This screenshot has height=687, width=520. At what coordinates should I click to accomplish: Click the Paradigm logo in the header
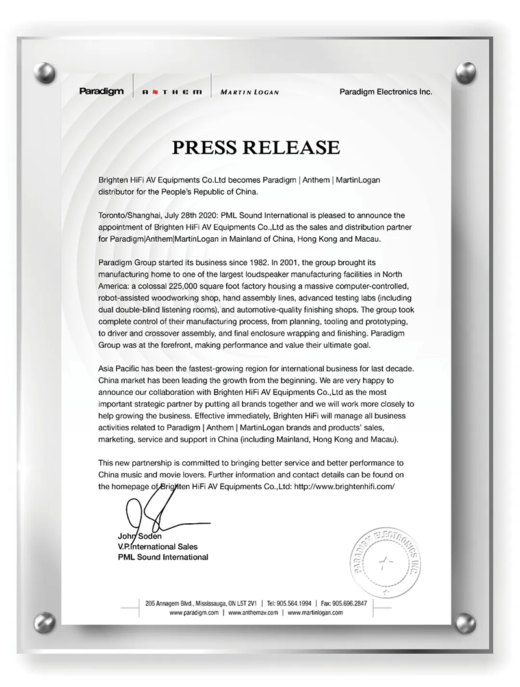(x=101, y=91)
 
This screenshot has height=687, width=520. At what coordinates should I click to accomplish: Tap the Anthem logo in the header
(x=172, y=92)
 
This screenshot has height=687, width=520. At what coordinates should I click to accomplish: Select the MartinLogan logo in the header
(x=250, y=92)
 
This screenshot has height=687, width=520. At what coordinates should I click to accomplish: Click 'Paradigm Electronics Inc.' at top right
(x=385, y=92)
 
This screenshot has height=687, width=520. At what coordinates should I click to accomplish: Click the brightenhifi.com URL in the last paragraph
(x=344, y=486)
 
